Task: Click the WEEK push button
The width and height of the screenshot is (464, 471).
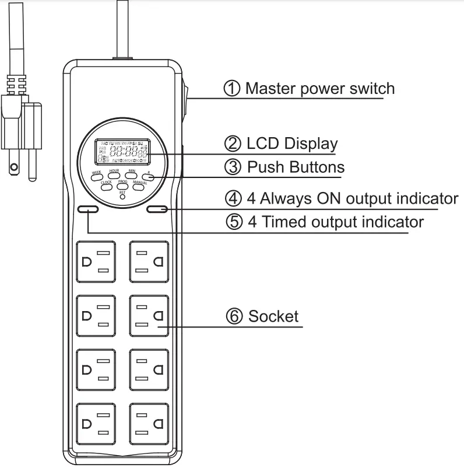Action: pyautogui.click(x=97, y=175)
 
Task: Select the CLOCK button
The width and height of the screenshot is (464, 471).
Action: pyautogui.click(x=106, y=184)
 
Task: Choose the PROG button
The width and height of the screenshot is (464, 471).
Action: pyautogui.click(x=122, y=184)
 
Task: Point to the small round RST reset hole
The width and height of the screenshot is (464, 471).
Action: pyautogui.click(x=122, y=197)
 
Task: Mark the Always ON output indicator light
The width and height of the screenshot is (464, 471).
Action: pyautogui.click(x=157, y=209)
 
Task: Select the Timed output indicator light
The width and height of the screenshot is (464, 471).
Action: pyautogui.click(x=88, y=209)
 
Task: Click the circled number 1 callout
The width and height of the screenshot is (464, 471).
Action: pyautogui.click(x=232, y=89)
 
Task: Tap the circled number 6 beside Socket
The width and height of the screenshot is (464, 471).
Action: pyautogui.click(x=234, y=316)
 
